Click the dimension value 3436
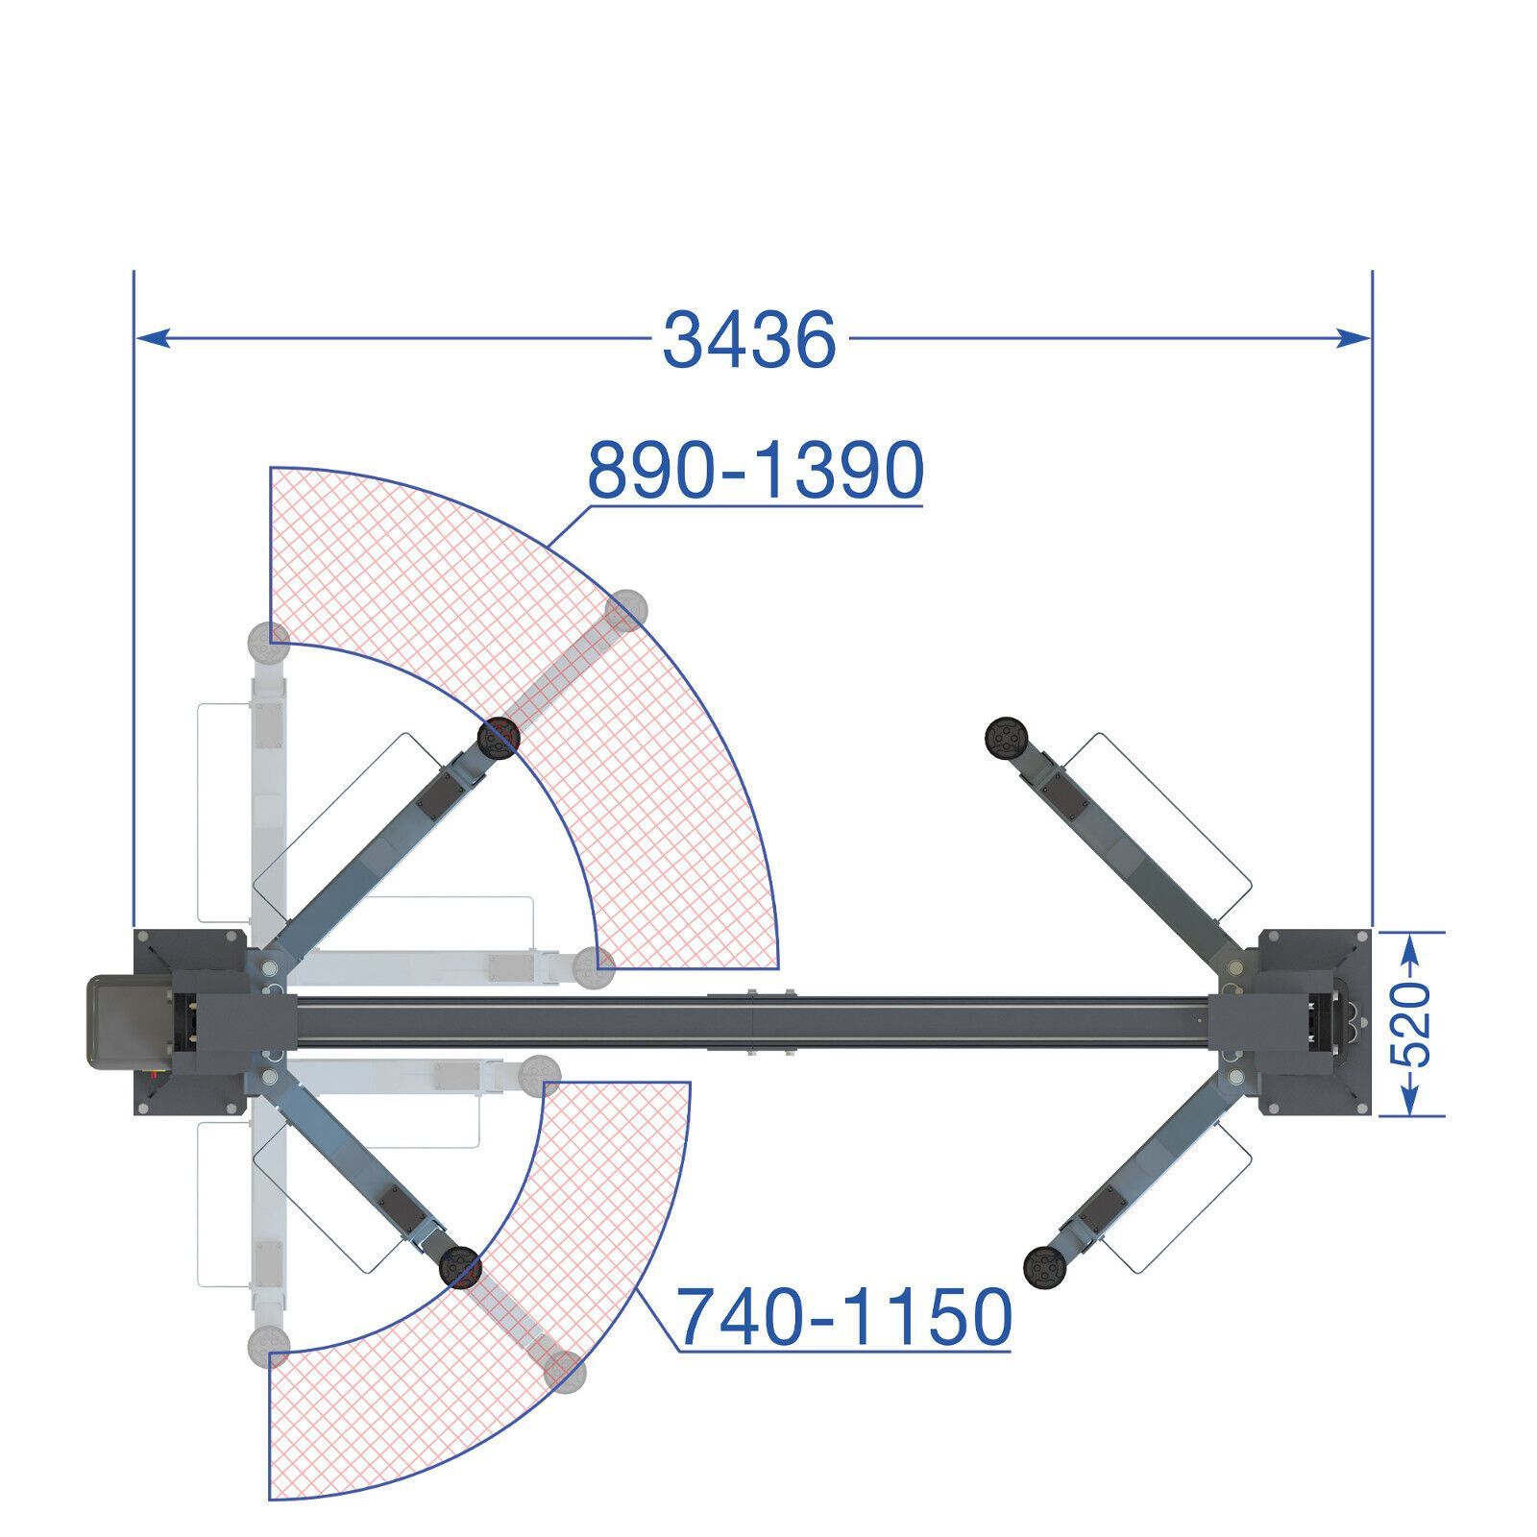point(749,340)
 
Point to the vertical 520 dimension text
point(1411,1024)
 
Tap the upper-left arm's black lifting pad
point(499,738)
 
